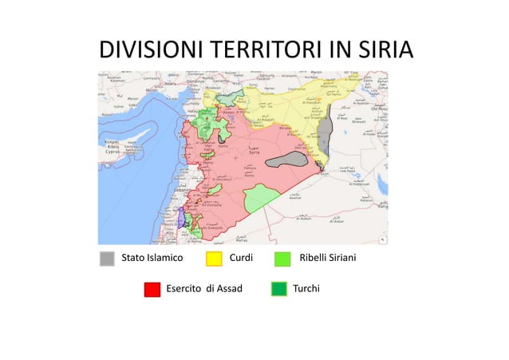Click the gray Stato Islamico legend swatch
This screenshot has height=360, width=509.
coord(107,259)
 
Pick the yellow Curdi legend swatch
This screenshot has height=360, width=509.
coord(214,259)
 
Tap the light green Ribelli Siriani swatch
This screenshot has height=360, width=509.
coord(282,259)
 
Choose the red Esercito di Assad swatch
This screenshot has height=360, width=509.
coord(152,289)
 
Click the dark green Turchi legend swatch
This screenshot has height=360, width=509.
coord(278,289)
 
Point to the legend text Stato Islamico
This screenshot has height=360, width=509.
coord(152,259)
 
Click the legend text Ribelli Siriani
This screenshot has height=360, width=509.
coord(327,259)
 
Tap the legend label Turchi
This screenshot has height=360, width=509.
coord(306,288)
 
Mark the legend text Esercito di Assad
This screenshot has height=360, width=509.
coord(203,288)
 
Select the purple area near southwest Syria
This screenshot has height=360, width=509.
coord(183,217)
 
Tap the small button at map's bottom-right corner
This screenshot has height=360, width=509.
coord(382,239)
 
